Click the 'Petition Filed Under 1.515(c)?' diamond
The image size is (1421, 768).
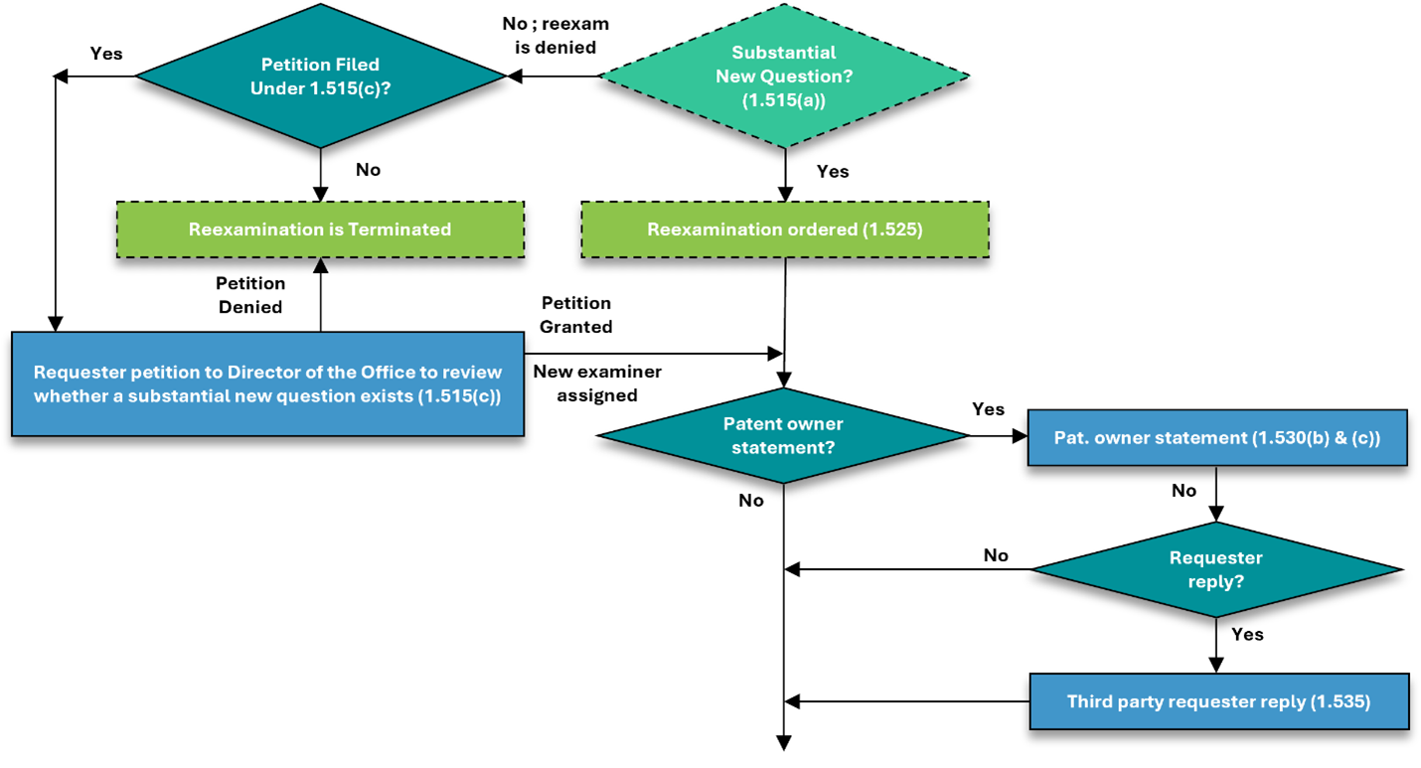pos(320,77)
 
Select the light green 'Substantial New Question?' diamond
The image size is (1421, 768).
pos(784,77)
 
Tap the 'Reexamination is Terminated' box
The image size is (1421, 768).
pos(320,230)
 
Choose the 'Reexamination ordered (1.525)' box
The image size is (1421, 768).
pos(784,230)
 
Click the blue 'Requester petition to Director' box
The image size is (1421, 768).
pos(267,384)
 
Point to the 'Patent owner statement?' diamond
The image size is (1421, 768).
pos(783,435)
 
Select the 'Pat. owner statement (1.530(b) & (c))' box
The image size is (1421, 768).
pos(1217,437)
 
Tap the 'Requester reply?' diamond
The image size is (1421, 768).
pos(1216,569)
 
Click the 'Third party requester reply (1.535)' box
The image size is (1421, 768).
pos(1218,701)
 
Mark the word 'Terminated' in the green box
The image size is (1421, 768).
pos(399,230)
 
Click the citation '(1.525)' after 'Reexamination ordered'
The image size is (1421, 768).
pos(890,230)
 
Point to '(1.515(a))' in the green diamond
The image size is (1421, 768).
pos(784,100)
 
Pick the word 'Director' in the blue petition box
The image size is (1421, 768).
pos(261,373)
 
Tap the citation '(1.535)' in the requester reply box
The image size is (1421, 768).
pos(1341,701)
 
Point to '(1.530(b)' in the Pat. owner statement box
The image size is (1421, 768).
pos(1288,437)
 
